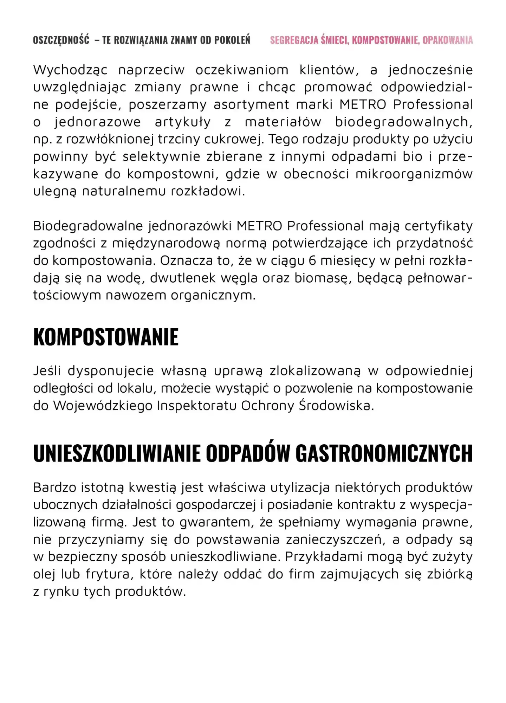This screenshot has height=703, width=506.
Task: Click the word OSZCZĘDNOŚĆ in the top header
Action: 61,40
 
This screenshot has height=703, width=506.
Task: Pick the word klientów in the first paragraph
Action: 329,70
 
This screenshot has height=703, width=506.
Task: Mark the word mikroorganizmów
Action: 414,174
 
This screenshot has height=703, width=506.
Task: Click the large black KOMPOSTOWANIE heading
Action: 106,337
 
